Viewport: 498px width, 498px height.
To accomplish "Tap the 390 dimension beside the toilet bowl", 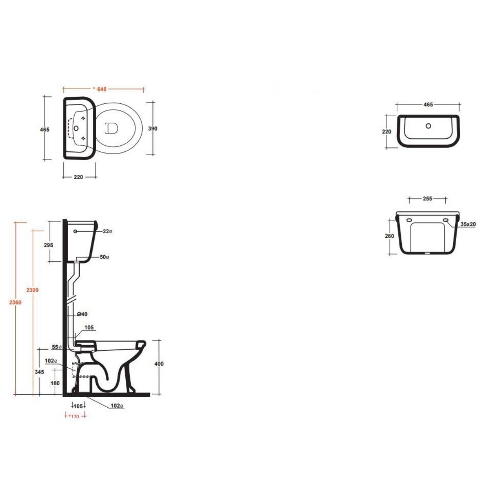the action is click(x=153, y=129).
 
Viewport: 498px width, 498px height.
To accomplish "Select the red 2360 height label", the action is click(x=15, y=303).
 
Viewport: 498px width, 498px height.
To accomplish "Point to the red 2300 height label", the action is click(x=32, y=290).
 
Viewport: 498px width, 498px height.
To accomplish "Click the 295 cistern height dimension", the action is click(x=49, y=245).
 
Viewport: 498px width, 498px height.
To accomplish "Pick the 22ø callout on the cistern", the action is click(x=107, y=231).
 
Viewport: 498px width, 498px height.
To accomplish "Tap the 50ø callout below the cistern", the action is click(x=105, y=257).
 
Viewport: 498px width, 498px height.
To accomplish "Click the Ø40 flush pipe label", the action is click(x=82, y=314).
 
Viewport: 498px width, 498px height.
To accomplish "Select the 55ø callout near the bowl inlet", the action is click(x=56, y=347).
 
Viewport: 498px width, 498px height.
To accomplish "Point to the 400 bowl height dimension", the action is click(x=159, y=364).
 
